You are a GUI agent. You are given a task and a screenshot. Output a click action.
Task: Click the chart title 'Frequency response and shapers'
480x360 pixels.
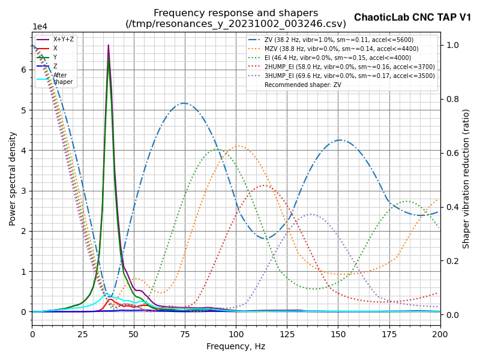pyautogui.click(x=236, y=13)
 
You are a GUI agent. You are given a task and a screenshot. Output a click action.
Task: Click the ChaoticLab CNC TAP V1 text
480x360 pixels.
pyautogui.click(x=412, y=17)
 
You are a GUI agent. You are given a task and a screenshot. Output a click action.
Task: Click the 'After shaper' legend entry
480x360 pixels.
pyautogui.click(x=61, y=79)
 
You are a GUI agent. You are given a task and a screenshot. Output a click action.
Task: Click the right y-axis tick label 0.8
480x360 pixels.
pyautogui.click(x=452, y=99)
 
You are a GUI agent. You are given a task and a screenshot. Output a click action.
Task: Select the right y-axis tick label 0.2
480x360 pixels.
pyautogui.click(x=452, y=261)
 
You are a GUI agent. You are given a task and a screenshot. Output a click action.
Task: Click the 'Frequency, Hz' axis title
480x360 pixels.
pyautogui.click(x=236, y=346)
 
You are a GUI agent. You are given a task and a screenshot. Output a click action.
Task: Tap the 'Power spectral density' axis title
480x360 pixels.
pyautogui.click(x=13, y=178)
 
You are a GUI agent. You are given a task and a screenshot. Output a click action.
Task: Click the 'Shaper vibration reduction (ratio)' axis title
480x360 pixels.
pyautogui.click(x=466, y=178)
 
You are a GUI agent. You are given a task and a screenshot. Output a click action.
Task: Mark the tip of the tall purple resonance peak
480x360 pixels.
pyautogui.click(x=109, y=45)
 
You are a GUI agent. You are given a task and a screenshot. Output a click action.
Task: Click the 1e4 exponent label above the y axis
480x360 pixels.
pyautogui.click(x=40, y=27)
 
